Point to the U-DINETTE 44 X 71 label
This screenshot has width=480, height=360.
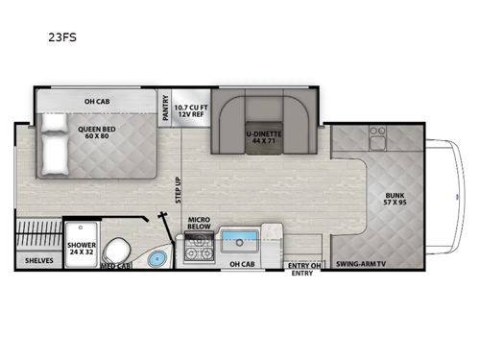point(260,137)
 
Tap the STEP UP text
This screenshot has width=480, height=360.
point(179,189)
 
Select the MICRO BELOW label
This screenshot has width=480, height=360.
point(199,223)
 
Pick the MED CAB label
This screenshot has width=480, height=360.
point(115,265)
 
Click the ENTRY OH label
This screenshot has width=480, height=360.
point(302,265)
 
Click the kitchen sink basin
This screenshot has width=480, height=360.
point(242,240)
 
